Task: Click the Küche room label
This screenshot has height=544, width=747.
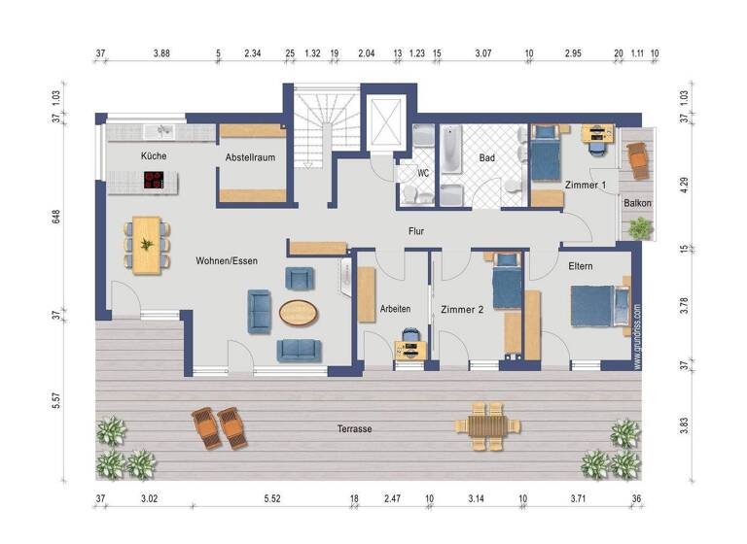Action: point(153,155)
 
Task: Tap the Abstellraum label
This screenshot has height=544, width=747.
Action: point(252,155)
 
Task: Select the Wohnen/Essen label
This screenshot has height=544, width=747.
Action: point(227,260)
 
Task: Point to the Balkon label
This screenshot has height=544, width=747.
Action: point(637,203)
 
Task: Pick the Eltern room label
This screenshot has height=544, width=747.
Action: point(574,265)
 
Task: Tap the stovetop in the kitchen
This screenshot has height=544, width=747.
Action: point(154,179)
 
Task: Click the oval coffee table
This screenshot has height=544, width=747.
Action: point(299,313)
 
